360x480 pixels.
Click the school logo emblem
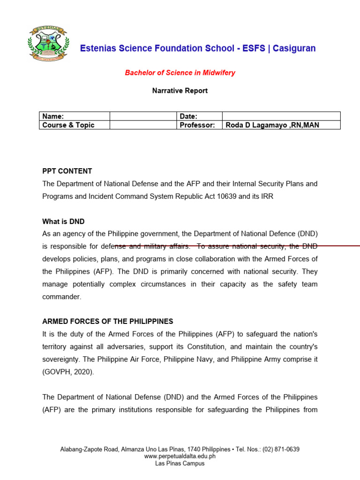(x=48, y=43)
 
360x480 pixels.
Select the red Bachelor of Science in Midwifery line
(x=180, y=73)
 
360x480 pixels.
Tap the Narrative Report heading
(x=180, y=90)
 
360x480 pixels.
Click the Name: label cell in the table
(x=74, y=116)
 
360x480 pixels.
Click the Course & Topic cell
(x=74, y=125)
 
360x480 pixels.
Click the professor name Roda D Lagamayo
(x=262, y=125)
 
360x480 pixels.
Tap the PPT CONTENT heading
(x=67, y=171)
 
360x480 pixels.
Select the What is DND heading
(x=63, y=221)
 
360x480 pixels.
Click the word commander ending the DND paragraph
(x=62, y=296)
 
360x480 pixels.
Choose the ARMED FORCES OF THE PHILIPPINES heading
(x=108, y=322)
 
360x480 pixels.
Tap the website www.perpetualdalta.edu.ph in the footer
(x=180, y=456)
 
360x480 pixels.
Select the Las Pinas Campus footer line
(x=180, y=463)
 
